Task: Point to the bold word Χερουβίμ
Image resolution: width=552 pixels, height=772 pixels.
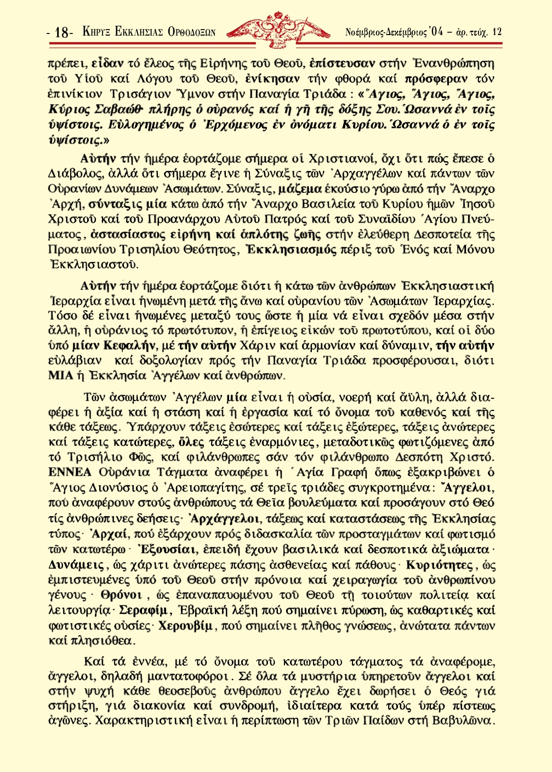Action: click(x=185, y=625)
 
